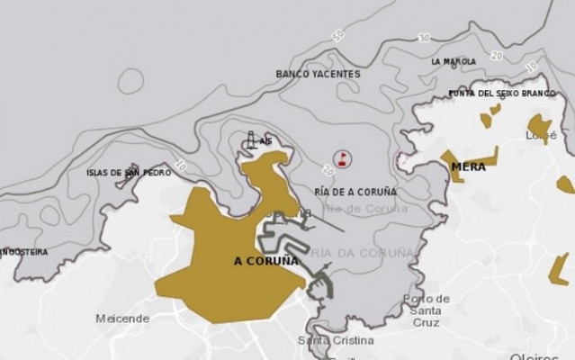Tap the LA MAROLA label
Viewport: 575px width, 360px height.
[x=454, y=62]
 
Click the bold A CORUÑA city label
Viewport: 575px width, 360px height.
[x=265, y=261]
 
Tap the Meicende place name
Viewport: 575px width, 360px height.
[x=122, y=319]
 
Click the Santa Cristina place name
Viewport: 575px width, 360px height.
[x=336, y=340]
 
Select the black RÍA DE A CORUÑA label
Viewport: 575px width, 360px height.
[x=356, y=192]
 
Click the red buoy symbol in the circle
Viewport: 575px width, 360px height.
[x=343, y=159]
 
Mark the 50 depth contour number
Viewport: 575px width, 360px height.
[x=338, y=37]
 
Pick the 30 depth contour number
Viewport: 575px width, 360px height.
[x=423, y=39]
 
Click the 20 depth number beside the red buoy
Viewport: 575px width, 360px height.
[x=328, y=168]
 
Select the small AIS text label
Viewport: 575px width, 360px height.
[x=265, y=141]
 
